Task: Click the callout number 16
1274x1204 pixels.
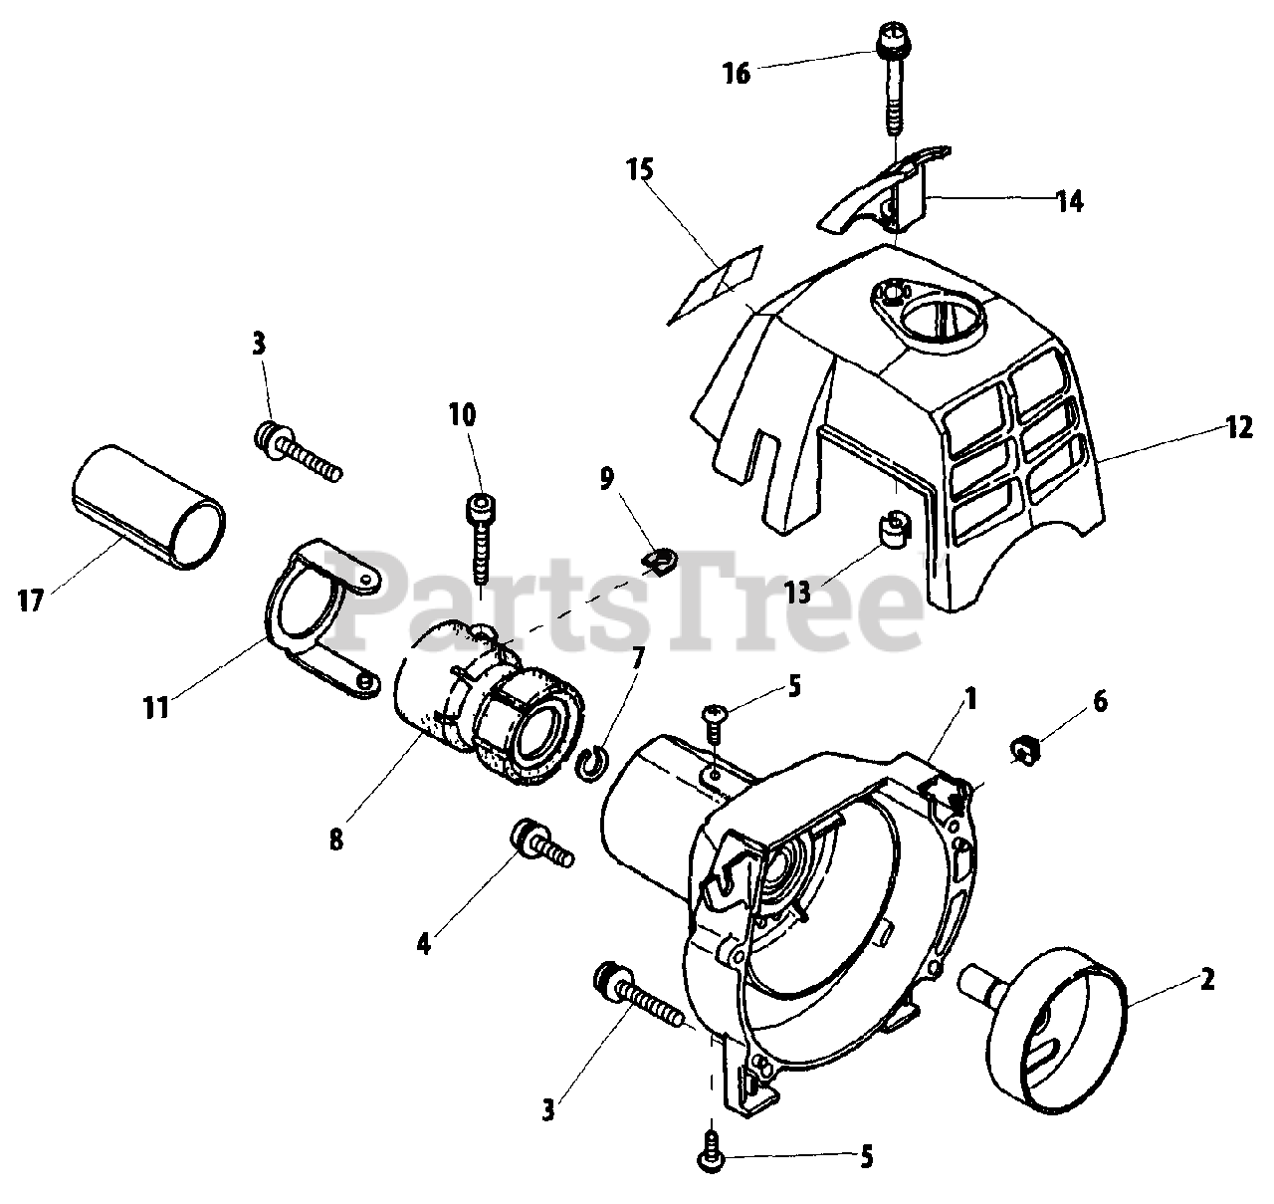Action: tap(737, 73)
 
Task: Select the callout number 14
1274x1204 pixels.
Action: tap(1070, 201)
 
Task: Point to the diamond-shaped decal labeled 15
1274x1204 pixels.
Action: tap(715, 284)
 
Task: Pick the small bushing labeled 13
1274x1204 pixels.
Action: tap(895, 532)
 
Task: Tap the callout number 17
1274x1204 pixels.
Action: tap(32, 601)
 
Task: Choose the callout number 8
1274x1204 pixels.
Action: tap(336, 840)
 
